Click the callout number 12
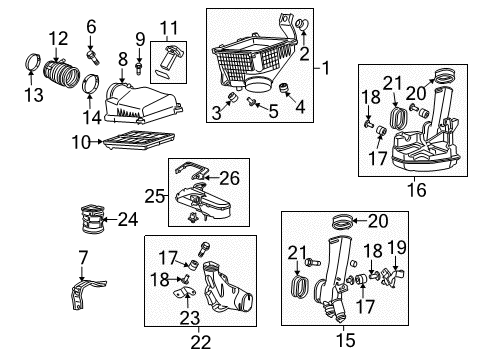59,38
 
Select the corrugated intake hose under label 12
62,73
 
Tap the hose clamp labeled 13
33,62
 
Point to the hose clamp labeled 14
90,83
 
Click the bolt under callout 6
93,58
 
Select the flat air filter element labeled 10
139,140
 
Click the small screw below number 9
139,68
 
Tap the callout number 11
169,28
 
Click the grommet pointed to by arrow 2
302,24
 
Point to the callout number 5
273,111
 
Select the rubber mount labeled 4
284,88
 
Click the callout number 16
416,190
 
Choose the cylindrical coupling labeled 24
92,219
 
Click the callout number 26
229,178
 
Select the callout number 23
190,318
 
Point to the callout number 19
397,248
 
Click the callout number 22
201,342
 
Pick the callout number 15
345,340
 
